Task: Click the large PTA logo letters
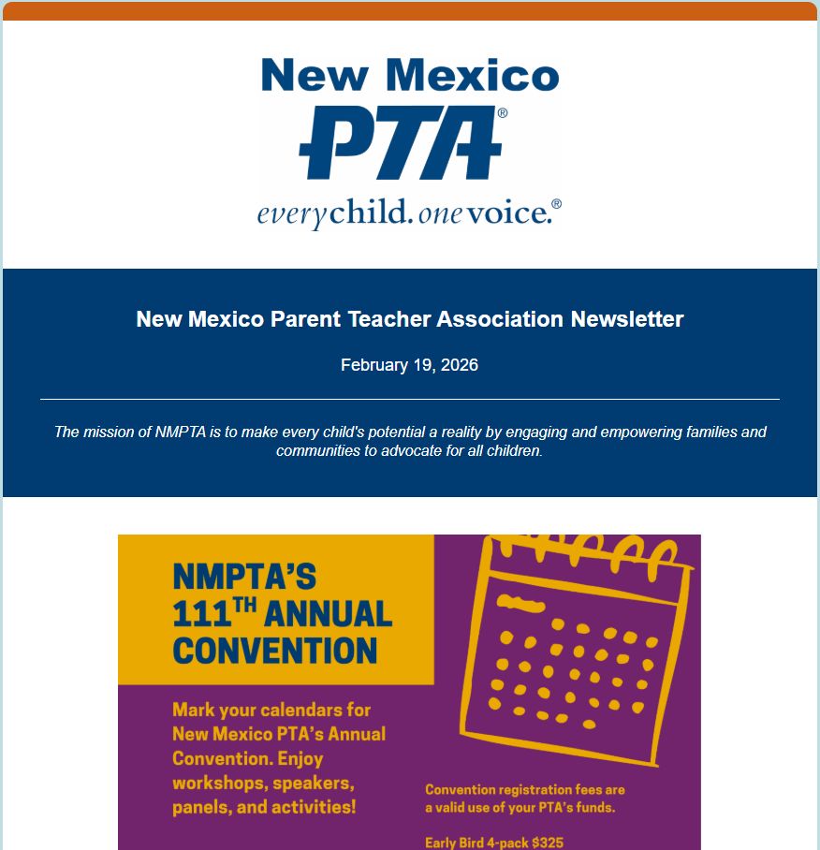pos(400,143)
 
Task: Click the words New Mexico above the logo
pos(410,75)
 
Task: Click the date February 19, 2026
pos(409,365)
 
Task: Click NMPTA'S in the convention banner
pos(245,577)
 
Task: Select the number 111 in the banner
pos(200,615)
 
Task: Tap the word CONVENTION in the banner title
pos(275,651)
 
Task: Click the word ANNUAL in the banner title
pos(328,615)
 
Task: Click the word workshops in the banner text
pos(215,783)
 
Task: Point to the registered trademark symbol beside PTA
pos(503,112)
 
